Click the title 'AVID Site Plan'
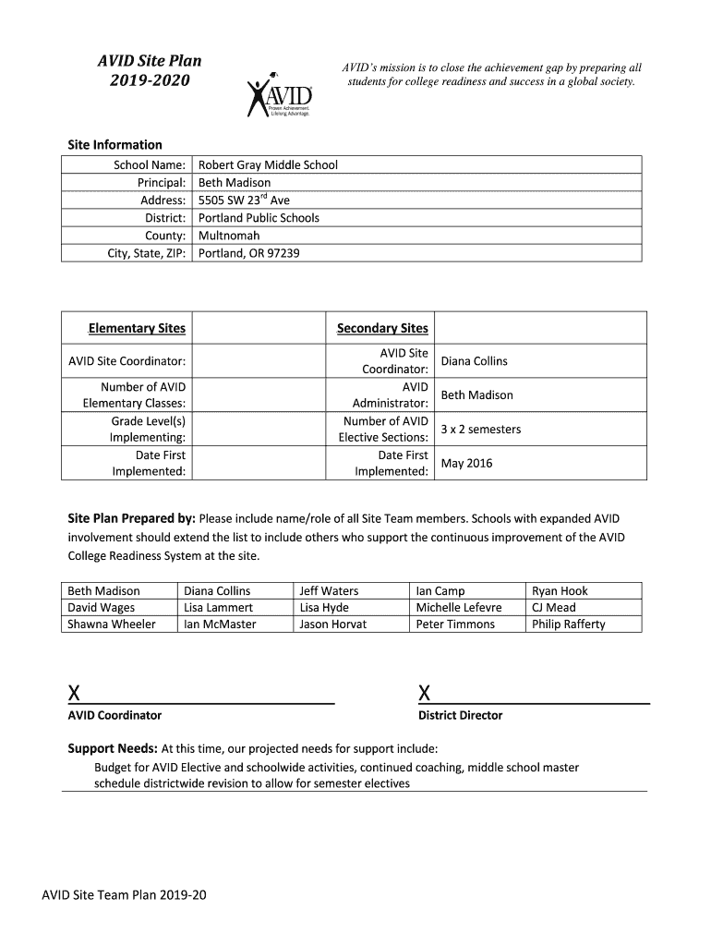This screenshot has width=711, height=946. coord(150,61)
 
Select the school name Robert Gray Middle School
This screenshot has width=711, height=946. coord(269,165)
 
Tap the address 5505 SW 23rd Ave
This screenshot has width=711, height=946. coord(245,200)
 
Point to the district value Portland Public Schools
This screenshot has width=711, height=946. coord(259,218)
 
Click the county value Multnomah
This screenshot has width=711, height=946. coord(229,236)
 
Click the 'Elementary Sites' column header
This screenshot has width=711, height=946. coord(137,328)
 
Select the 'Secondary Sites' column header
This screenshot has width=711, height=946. coord(382,328)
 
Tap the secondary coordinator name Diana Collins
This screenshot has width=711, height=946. coord(475,361)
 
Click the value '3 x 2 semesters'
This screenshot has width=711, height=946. coord(481,430)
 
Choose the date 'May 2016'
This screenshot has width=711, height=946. coord(467,464)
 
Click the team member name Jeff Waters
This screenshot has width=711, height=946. coord(329,591)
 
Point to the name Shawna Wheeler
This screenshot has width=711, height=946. coord(112,625)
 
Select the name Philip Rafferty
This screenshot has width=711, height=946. coord(569,625)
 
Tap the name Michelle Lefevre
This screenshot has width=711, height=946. coord(459,608)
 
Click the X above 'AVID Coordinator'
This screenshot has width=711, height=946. coord(73,693)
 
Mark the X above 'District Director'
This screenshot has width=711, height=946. coord(424,693)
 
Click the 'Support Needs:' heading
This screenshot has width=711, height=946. coord(113,748)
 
